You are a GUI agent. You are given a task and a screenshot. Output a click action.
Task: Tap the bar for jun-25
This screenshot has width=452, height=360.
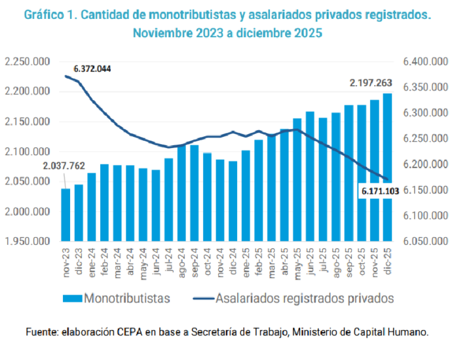click(310, 177)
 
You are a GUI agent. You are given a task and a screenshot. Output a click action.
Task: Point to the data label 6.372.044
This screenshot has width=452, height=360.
click(92, 69)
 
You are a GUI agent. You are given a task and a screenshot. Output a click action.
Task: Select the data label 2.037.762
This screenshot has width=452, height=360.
click(65, 166)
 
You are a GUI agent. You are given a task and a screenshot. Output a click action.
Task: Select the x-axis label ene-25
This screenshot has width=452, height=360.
click(246, 261)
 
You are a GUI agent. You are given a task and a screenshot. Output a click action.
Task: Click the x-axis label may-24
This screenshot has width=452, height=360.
click(143, 262)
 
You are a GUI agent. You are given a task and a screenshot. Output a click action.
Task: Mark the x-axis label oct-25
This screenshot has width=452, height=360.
click(362, 261)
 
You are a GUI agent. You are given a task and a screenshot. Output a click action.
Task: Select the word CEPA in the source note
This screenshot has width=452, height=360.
click(152, 332)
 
